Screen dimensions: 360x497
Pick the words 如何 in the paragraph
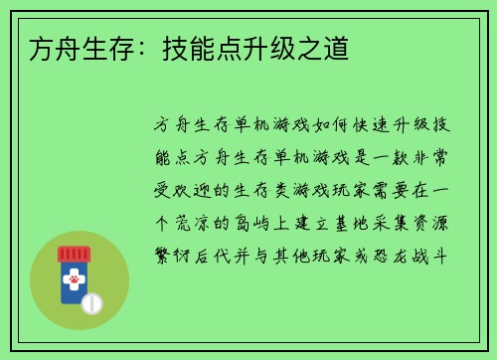coord(320,126)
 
